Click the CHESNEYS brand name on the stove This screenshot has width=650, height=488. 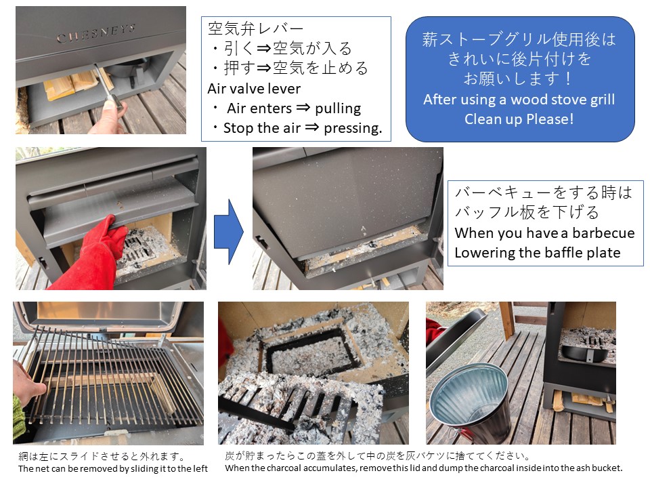(x=96, y=33)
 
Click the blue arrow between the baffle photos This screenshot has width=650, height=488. (x=229, y=232)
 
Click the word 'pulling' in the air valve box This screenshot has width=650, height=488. (x=338, y=108)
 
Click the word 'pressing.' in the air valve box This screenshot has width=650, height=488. (x=353, y=128)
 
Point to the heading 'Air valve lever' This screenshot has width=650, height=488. (x=254, y=88)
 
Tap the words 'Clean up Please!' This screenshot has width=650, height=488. (x=519, y=119)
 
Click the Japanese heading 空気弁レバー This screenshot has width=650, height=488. (x=255, y=28)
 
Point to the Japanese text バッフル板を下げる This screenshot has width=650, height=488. (x=527, y=212)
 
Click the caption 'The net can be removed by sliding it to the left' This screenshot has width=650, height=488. (x=113, y=468)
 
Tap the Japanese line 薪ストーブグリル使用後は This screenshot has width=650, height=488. (x=519, y=39)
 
